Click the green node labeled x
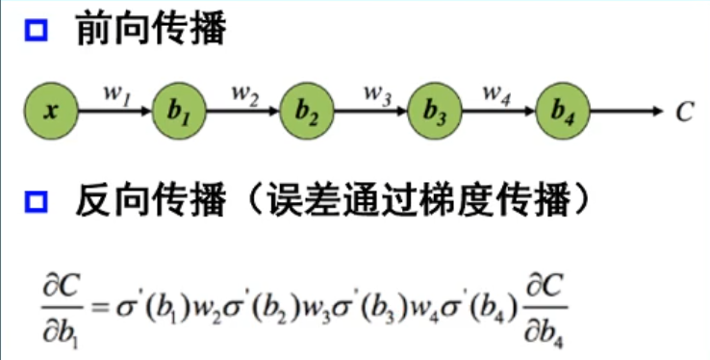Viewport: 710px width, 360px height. (x=49, y=111)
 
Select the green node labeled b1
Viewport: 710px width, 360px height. (x=179, y=111)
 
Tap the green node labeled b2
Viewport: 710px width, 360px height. (x=307, y=111)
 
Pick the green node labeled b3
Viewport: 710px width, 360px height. (x=435, y=111)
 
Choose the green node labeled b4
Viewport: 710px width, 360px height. (x=563, y=111)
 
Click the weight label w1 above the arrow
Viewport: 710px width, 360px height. (x=115, y=94)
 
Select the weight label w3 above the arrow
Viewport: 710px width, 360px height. (x=374, y=94)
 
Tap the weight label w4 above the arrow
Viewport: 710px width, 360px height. (x=496, y=94)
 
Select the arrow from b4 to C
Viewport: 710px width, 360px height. (x=625, y=111)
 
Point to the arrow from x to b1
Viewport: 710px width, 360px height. (x=114, y=112)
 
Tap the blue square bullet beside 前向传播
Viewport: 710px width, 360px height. (x=37, y=32)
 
